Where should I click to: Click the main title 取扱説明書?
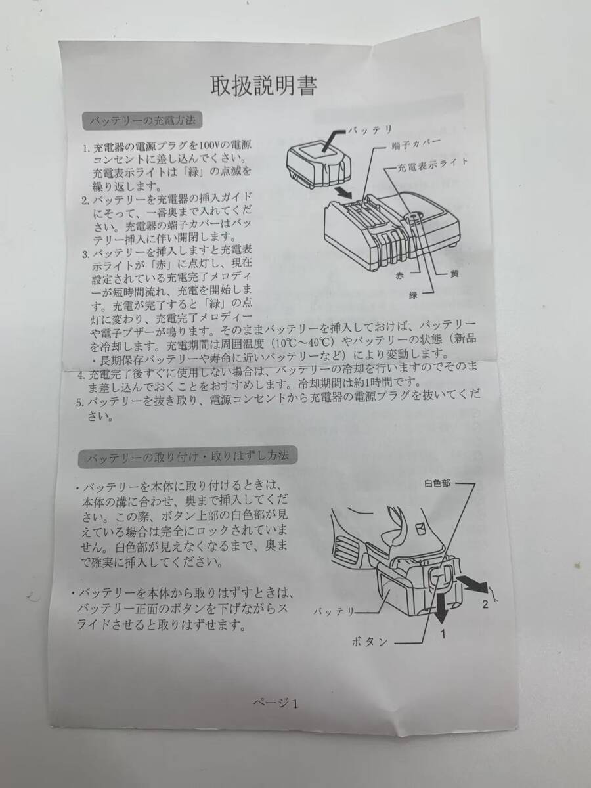coord(263,85)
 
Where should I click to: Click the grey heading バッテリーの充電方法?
coord(142,121)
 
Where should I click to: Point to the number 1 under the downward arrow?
coord(445,634)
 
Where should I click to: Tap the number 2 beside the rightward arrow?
coord(484,604)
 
